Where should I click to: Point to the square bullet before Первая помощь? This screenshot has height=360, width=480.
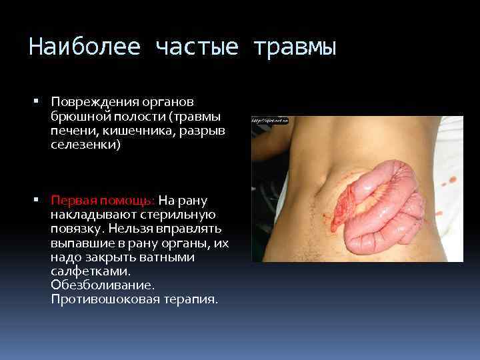click(36, 199)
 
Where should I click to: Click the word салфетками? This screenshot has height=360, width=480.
click(85, 271)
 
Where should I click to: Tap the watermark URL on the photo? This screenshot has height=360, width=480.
click(269, 120)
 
